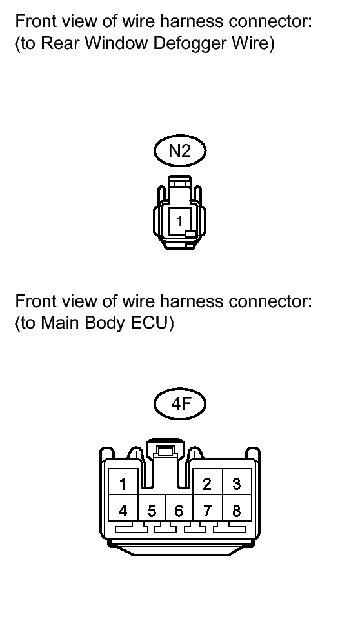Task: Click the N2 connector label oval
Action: (x=180, y=151)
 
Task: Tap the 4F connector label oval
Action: (x=180, y=404)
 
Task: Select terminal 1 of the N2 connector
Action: (x=179, y=221)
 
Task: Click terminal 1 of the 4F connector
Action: (x=124, y=482)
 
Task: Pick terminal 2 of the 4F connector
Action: (x=208, y=482)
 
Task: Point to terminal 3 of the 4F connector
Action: (x=237, y=482)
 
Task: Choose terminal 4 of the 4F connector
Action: (x=124, y=509)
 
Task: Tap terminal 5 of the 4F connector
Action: (x=152, y=509)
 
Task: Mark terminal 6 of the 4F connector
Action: (x=179, y=509)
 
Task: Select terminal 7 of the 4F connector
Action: (x=208, y=509)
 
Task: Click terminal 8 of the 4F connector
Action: (x=237, y=509)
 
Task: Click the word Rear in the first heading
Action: (x=61, y=43)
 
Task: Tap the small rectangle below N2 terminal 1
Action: (x=190, y=234)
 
